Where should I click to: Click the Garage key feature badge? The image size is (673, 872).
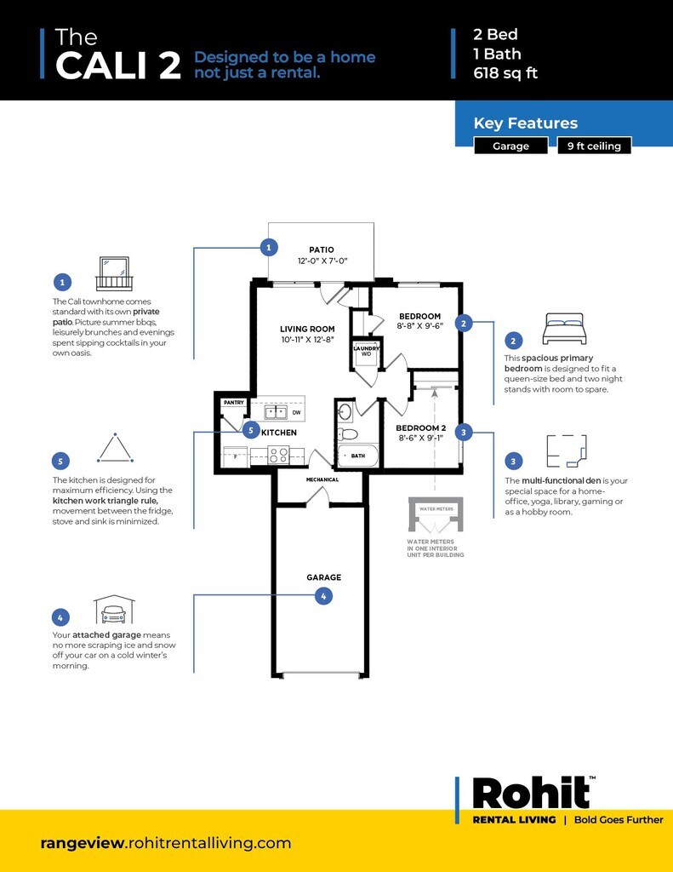(510, 146)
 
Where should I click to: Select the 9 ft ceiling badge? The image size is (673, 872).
(595, 146)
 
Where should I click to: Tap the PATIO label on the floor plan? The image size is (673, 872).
(322, 250)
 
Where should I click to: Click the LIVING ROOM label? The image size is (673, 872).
(307, 329)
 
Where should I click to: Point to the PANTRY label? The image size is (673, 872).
(233, 402)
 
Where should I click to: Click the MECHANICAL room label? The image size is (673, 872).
(322, 479)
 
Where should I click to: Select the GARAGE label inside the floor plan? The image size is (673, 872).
(323, 577)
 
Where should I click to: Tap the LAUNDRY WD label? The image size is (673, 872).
(367, 351)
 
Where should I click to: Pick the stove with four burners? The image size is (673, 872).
(279, 455)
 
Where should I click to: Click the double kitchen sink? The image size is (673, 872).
(275, 413)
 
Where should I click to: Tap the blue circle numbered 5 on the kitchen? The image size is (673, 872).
(251, 430)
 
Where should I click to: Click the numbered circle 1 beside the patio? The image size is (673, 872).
(269, 248)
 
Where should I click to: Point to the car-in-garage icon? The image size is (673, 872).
(114, 610)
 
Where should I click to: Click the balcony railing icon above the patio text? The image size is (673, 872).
(114, 273)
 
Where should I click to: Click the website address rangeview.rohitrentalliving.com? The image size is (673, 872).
(166, 843)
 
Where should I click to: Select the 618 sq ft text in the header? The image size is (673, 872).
(505, 72)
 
